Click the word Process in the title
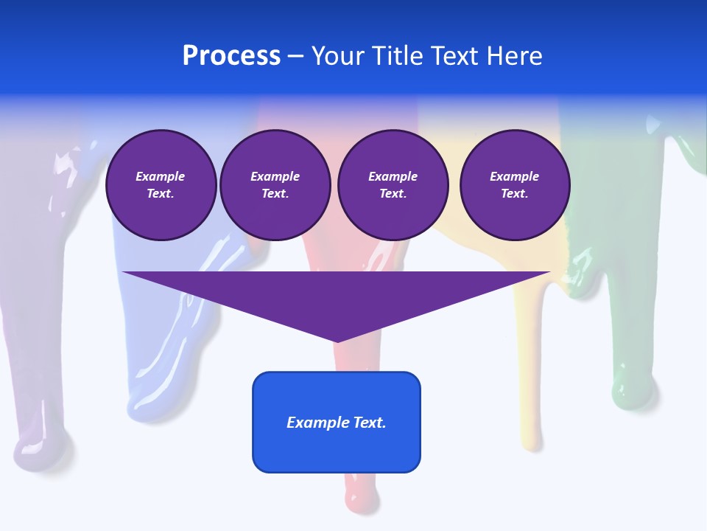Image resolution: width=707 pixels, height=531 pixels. coord(231,56)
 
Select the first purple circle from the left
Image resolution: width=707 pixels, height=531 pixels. coord(161,185)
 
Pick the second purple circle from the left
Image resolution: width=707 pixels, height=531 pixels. coord(275,185)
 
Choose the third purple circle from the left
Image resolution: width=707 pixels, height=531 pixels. coord(393,185)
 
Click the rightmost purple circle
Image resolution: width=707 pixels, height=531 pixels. coord(514,185)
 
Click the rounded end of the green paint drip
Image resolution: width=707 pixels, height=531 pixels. coord(632,391)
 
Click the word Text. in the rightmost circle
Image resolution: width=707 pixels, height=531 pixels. coord(514,194)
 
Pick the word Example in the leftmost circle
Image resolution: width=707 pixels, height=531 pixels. coord(161,176)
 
